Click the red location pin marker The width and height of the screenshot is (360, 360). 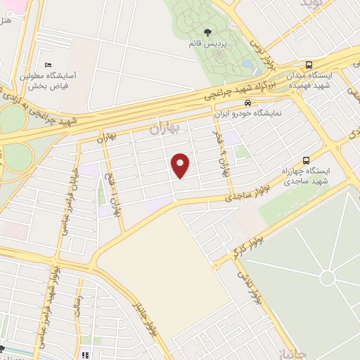(181, 165)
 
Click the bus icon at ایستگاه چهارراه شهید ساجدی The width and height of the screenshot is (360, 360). (306, 160)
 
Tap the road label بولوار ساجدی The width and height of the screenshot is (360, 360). (235, 198)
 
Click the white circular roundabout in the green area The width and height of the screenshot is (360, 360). (327, 278)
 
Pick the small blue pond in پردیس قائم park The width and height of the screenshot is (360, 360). (247, 67)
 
